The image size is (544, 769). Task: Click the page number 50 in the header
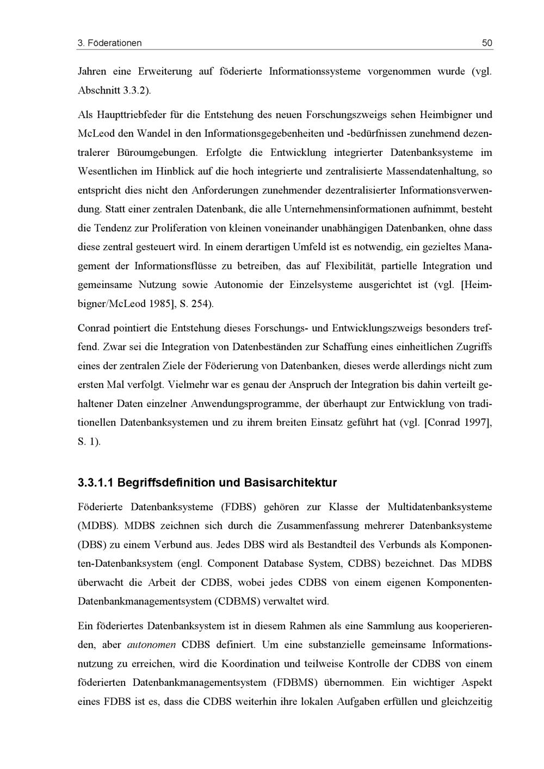(x=487, y=43)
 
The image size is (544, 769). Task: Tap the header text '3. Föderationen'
(x=109, y=43)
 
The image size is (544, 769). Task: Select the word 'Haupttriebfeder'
(x=126, y=115)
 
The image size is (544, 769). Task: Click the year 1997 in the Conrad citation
(x=477, y=423)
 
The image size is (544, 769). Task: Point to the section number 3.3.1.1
(x=95, y=483)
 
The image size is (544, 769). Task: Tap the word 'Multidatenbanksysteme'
(x=440, y=507)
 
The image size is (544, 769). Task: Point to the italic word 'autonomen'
(x=151, y=645)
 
